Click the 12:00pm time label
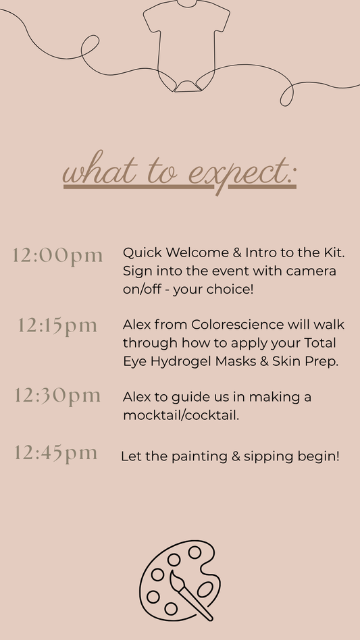click(57, 256)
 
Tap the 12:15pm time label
click(57, 326)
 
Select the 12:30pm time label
click(57, 396)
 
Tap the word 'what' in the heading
click(99, 168)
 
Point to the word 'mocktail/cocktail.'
click(181, 415)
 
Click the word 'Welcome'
click(197, 252)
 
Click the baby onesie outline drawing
click(186, 46)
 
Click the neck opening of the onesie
click(187, 3)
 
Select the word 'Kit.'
click(334, 252)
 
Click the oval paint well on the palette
click(205, 589)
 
